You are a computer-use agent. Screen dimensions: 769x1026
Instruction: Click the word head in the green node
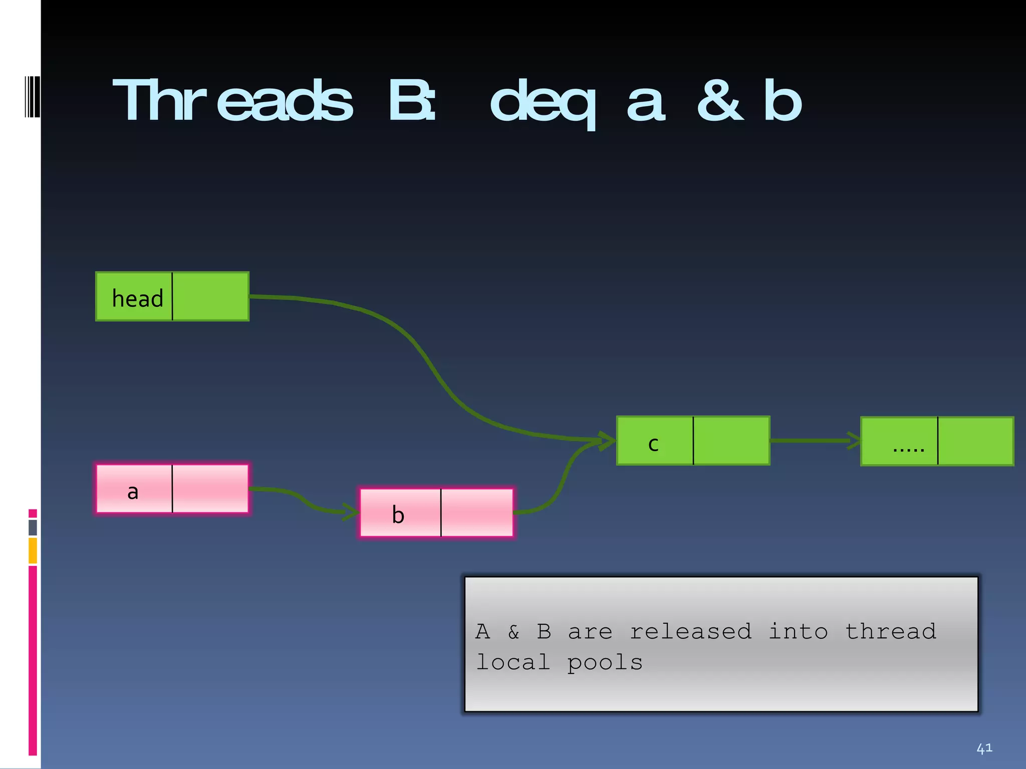137,298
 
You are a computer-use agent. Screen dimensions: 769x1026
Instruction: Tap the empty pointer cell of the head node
210,296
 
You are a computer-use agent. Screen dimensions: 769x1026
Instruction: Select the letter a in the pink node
133,492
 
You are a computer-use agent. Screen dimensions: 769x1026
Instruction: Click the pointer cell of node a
210,489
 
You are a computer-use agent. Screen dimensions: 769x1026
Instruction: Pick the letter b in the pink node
398,515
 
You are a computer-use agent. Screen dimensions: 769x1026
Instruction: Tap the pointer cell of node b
477,513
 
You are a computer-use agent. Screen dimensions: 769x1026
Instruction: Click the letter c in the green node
653,444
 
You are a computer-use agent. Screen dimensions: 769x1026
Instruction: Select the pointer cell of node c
731,441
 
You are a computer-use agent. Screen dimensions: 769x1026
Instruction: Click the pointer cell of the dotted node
975,442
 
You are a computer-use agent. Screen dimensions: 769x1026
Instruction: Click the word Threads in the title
233,102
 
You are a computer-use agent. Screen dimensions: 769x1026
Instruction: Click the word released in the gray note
690,632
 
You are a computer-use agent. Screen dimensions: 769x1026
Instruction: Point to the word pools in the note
605,663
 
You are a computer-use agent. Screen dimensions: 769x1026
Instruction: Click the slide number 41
984,748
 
